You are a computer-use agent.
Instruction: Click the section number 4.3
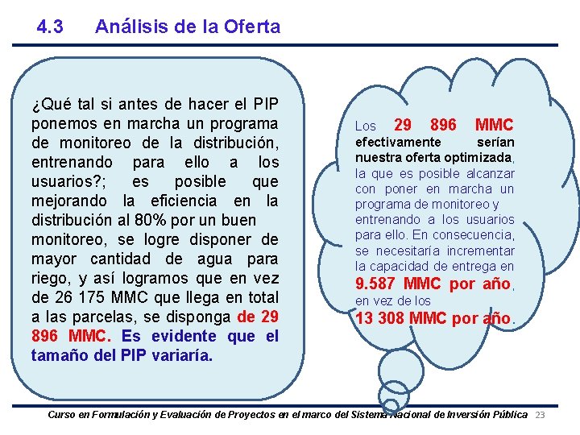point(50,27)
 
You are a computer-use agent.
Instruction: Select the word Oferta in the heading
point(255,27)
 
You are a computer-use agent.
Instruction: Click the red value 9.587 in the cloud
point(375,284)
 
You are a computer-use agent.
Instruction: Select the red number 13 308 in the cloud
point(379,318)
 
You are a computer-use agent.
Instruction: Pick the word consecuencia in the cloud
point(475,234)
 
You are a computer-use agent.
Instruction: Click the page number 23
point(541,414)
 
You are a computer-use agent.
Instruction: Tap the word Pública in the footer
point(507,414)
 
